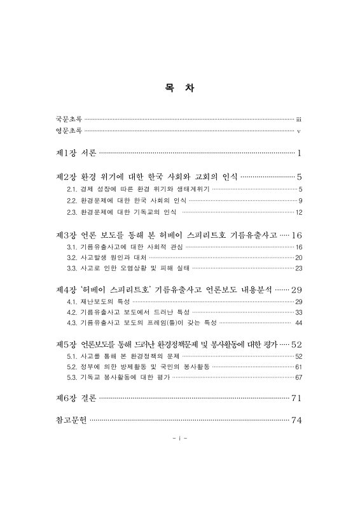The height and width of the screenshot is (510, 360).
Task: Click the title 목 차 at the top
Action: [179, 88]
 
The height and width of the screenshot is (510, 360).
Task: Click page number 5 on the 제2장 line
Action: [298, 177]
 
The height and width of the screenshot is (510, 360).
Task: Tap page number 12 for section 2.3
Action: [298, 212]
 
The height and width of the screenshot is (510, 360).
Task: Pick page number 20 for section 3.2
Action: [298, 258]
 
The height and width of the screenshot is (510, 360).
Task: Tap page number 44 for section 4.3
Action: [298, 324]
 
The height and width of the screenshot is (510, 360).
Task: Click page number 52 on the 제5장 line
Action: [296, 344]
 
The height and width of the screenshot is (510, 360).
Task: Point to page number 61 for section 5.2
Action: [298, 367]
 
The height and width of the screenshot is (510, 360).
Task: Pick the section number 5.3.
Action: [72, 379]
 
